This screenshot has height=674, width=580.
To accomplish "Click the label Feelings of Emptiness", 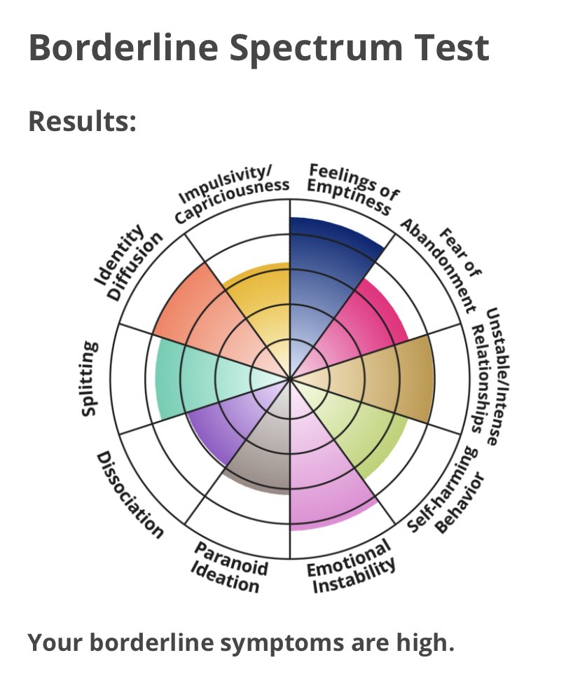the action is (348, 189).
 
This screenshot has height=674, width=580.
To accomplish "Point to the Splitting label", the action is (88, 378).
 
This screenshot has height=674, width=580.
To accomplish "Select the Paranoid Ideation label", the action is (230, 567).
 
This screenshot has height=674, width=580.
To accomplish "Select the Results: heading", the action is (82, 121).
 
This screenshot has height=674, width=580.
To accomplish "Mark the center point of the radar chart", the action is (290, 379).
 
